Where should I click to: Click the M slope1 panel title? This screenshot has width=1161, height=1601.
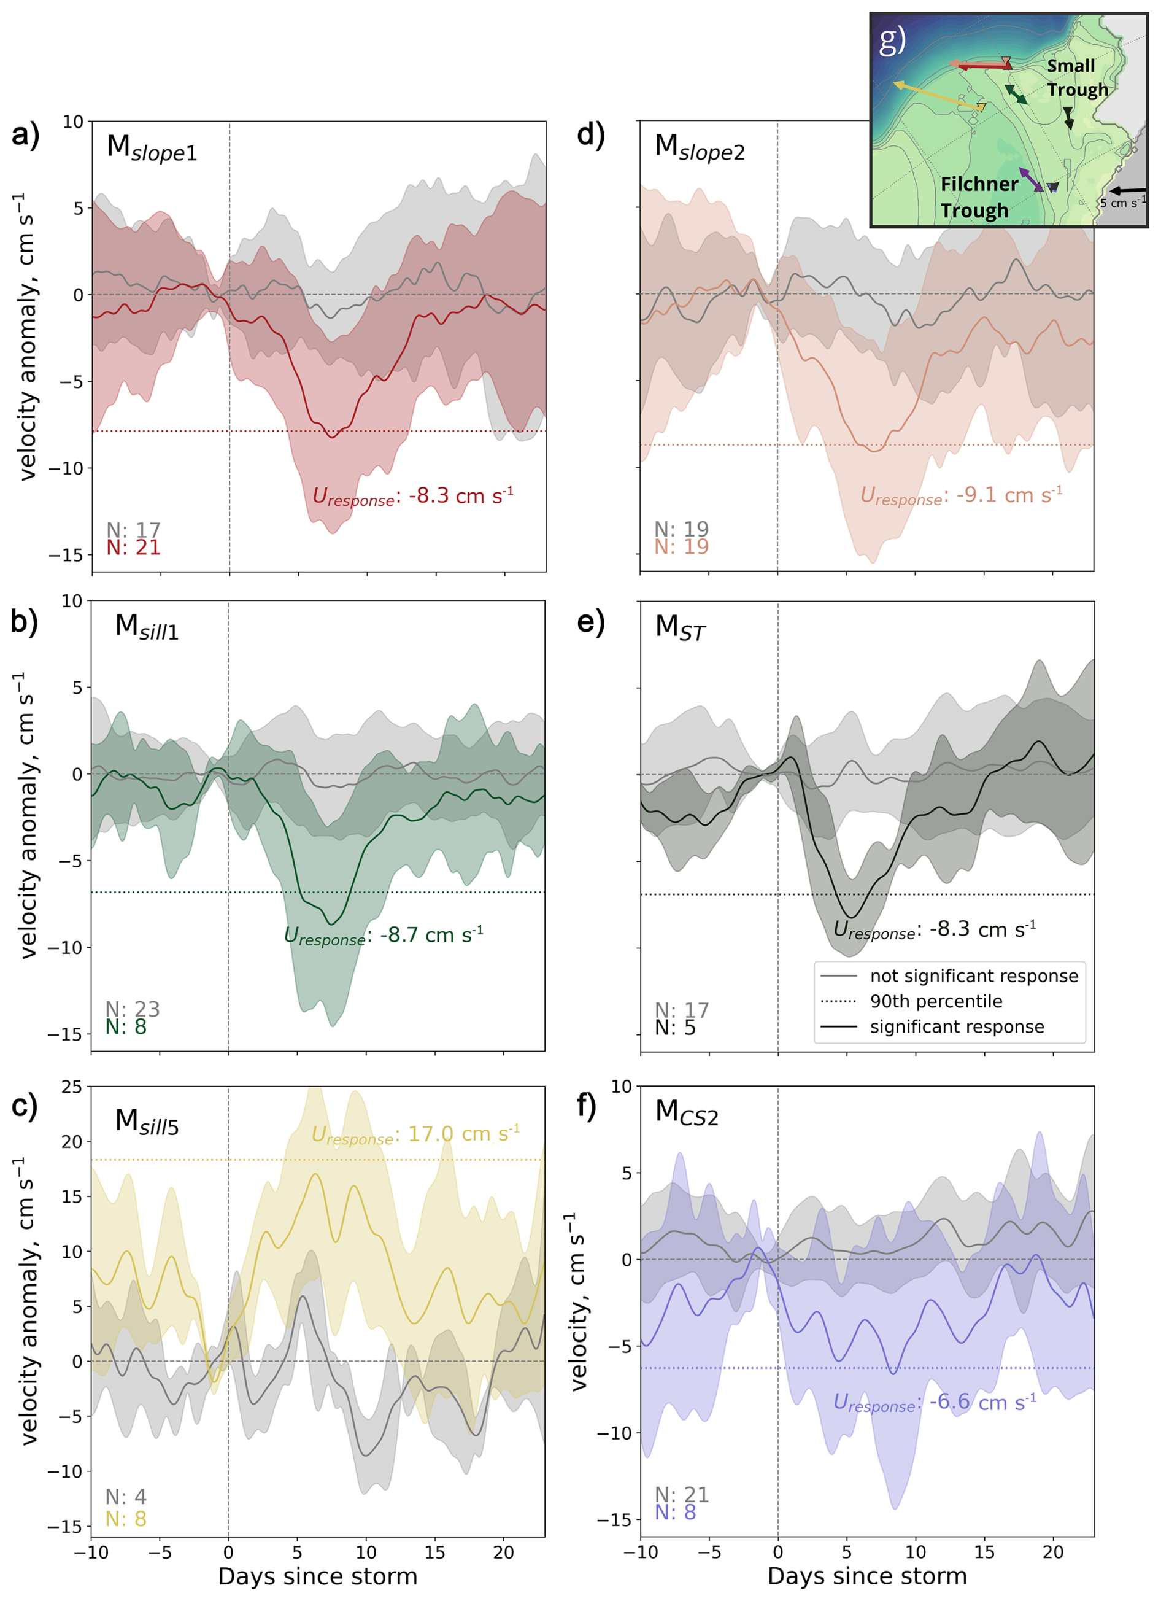click(152, 148)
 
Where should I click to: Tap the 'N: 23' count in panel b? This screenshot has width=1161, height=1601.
click(133, 1009)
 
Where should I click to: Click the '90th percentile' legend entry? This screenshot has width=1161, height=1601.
click(935, 1001)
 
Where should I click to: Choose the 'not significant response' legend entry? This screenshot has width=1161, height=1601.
click(973, 975)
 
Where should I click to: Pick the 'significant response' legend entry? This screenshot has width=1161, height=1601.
click(956, 1026)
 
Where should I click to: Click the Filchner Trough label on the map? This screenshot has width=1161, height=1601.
click(978, 197)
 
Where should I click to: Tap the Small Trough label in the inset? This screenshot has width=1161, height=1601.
click(1076, 77)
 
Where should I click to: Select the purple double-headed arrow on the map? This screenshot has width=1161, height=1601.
click(1030, 179)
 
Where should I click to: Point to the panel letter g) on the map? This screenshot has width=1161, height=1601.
click(892, 41)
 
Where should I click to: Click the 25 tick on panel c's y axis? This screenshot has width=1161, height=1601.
click(71, 1087)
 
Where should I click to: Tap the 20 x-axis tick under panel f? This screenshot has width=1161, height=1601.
click(1052, 1553)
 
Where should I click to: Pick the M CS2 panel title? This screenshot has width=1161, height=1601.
click(686, 1112)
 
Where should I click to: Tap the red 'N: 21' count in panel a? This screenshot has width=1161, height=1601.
click(133, 547)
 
